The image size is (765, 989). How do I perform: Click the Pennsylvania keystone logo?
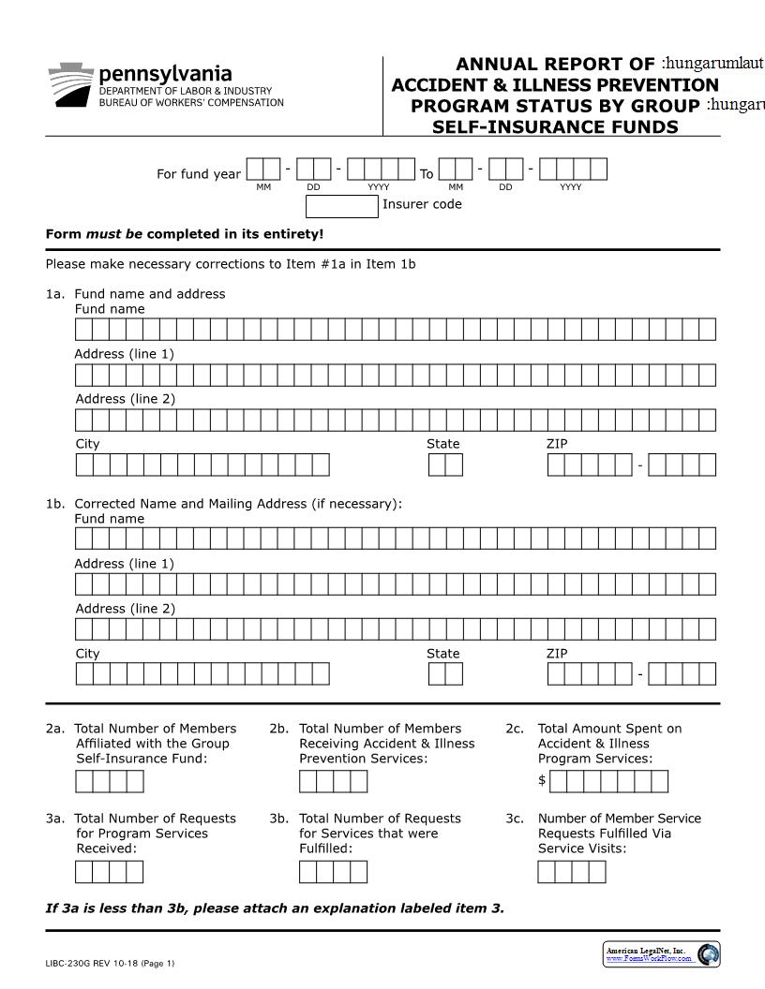pos(70,84)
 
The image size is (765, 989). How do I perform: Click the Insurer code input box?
pos(342,205)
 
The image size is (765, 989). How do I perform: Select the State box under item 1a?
pos(445,465)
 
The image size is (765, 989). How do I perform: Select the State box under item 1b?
pos(445,674)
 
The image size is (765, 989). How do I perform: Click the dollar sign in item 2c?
pos(542,780)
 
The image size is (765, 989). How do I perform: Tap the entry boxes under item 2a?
pos(109,781)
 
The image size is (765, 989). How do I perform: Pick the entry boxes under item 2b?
pos(333,781)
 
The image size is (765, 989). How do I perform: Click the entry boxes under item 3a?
pos(109,872)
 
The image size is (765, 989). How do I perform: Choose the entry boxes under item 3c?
pos(571,872)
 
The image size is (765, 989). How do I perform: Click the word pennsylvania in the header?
pos(165,73)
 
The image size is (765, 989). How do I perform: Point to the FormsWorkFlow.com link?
pos(649,958)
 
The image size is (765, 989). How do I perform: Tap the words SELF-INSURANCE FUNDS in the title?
pos(555,126)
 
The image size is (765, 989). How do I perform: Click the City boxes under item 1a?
pos(202,465)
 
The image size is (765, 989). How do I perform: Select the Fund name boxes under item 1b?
pos(395,539)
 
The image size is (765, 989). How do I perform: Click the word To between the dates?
pos(427,173)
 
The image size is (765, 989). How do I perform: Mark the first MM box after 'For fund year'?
pos(263,170)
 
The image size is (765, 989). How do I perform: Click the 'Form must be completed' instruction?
pos(185,234)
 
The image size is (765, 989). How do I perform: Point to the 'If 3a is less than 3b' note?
pos(275,908)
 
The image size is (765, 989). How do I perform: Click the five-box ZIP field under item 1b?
pos(590,674)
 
